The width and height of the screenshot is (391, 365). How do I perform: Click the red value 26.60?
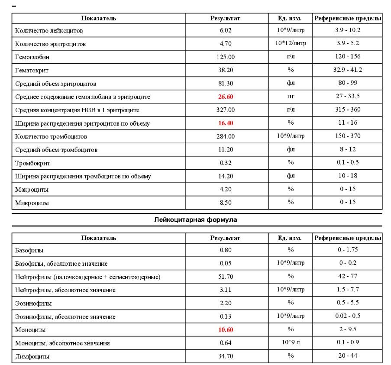(226, 97)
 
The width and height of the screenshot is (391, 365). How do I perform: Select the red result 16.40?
(226, 123)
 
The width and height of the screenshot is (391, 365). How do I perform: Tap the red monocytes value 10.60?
(226, 330)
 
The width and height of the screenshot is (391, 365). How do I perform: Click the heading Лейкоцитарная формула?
(196, 220)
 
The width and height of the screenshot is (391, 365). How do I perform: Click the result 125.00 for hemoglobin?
(226, 57)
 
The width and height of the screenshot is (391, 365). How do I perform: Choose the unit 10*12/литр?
(291, 43)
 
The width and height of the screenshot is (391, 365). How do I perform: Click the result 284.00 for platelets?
(226, 136)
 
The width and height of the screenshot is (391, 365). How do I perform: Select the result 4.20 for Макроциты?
(226, 189)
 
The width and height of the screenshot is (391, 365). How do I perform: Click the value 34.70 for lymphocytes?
(226, 356)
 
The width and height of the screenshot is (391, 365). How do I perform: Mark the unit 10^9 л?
(291, 343)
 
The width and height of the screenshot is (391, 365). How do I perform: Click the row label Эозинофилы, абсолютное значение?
(65, 317)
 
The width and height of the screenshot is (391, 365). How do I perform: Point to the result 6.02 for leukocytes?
(226, 30)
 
